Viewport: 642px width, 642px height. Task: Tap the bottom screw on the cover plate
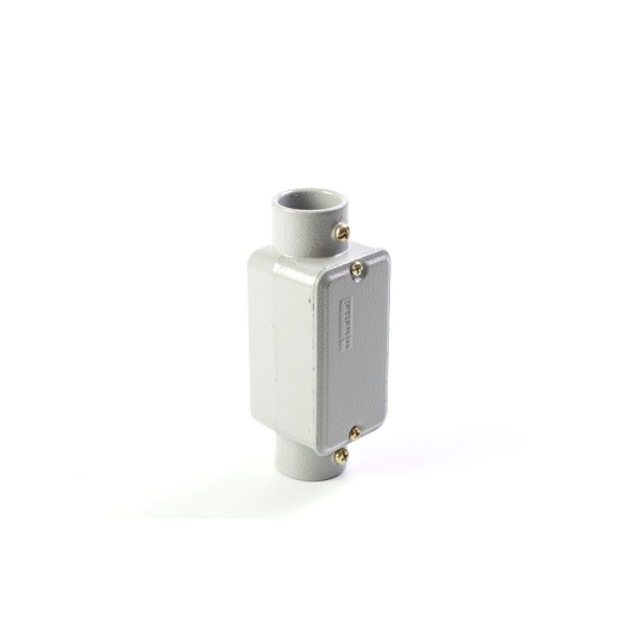tap(355, 433)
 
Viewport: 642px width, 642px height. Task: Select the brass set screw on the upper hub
tap(343, 233)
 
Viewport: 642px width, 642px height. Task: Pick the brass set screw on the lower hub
tap(342, 456)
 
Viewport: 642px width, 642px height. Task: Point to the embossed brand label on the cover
tap(347, 323)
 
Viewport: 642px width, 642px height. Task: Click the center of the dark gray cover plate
tap(353, 353)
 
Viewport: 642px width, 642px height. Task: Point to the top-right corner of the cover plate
tap(385, 255)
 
